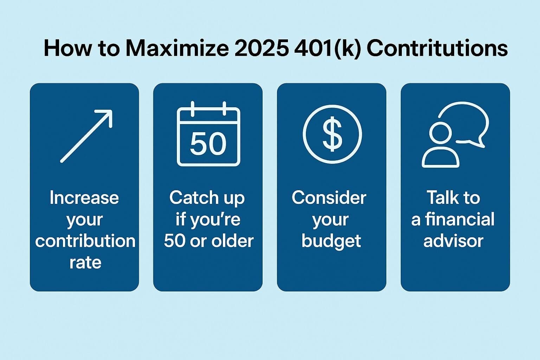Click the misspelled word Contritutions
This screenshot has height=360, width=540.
point(437,48)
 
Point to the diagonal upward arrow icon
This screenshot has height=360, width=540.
point(86,136)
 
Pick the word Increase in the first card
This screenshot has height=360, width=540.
point(84,198)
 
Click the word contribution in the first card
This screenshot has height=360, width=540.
point(85,241)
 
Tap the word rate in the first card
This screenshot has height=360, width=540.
point(85,263)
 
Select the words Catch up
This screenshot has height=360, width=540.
point(207,198)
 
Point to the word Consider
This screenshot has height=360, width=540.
point(329,198)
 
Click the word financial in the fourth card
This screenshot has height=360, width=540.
point(459,219)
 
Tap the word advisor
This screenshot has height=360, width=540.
point(454,241)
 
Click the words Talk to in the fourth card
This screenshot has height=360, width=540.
point(453,198)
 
